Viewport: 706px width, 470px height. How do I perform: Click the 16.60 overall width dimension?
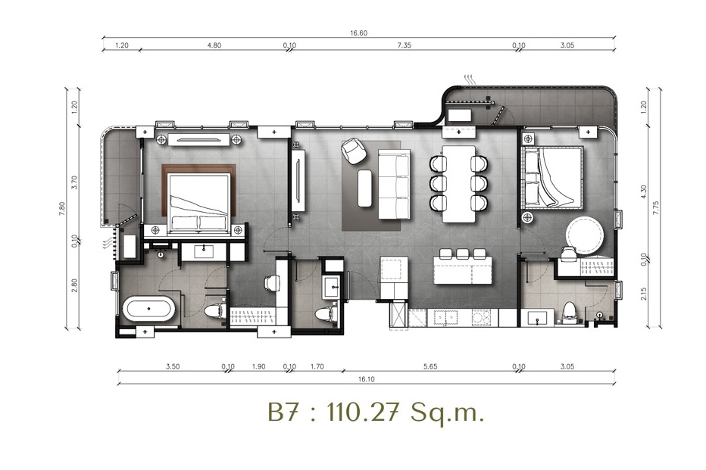point(358,33)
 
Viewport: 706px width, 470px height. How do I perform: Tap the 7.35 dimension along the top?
point(404,45)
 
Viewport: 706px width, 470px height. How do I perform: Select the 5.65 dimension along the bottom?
point(430,366)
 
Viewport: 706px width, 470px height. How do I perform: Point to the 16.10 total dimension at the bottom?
point(367,379)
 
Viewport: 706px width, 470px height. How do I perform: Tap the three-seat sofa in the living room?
point(394,185)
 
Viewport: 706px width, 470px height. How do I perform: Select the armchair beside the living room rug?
point(355,151)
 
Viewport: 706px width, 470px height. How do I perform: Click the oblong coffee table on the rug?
point(364,188)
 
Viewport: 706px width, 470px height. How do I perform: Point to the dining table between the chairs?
point(458,183)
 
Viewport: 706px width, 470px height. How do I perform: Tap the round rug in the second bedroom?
point(585,235)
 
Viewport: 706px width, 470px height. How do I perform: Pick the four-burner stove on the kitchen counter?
point(480,318)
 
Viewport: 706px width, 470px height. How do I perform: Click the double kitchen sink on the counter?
point(445,318)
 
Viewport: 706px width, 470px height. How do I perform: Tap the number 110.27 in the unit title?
point(363,412)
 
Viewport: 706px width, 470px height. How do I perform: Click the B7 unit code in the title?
point(283,412)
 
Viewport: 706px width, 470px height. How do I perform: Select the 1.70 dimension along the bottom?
point(317,366)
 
